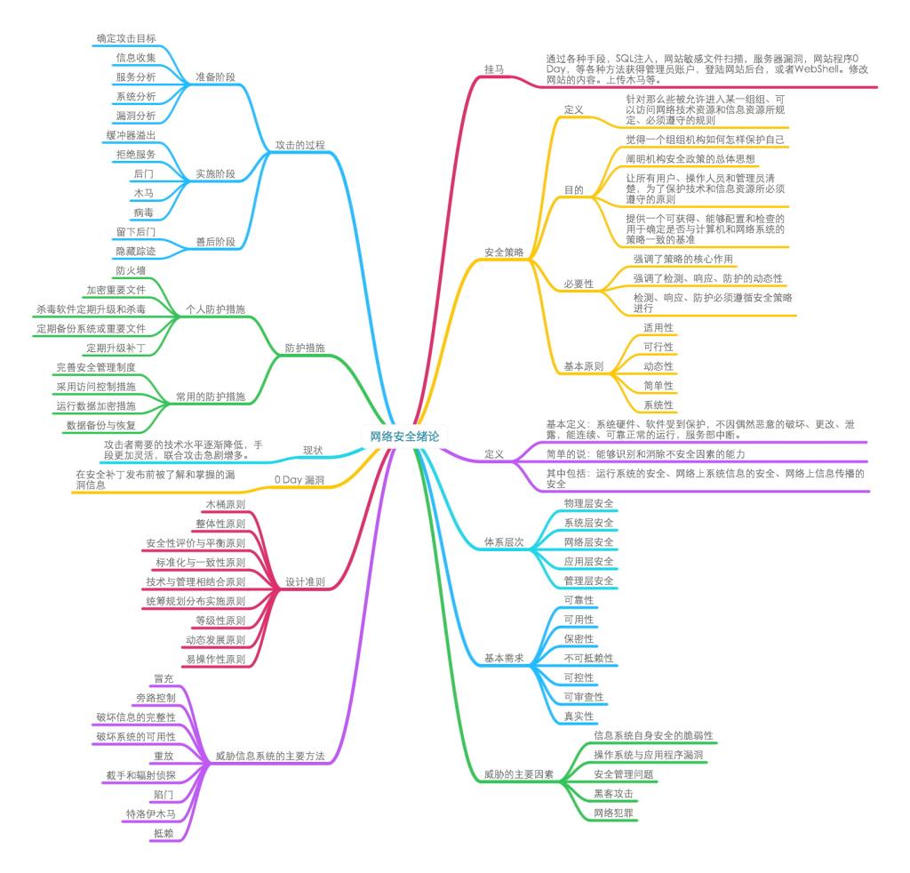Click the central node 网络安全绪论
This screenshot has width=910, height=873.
(x=404, y=436)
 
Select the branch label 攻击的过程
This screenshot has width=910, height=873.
(x=300, y=145)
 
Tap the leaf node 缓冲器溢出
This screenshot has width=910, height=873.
(x=131, y=135)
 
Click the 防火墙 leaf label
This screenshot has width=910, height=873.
(x=131, y=270)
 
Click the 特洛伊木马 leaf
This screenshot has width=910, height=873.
(x=150, y=813)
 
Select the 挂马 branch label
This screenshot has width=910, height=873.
(x=494, y=68)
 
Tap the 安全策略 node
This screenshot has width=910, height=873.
(x=504, y=252)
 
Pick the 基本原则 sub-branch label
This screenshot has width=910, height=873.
(x=584, y=366)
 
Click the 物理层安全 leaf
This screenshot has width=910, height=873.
(x=588, y=503)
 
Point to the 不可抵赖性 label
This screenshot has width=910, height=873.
(x=588, y=658)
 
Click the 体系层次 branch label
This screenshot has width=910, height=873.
(x=504, y=541)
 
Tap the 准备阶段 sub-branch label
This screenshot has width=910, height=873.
(x=216, y=77)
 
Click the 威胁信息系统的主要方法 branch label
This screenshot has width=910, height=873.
(x=270, y=757)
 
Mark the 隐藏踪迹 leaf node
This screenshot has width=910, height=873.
(x=136, y=252)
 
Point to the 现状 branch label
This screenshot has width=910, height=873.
(x=313, y=449)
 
